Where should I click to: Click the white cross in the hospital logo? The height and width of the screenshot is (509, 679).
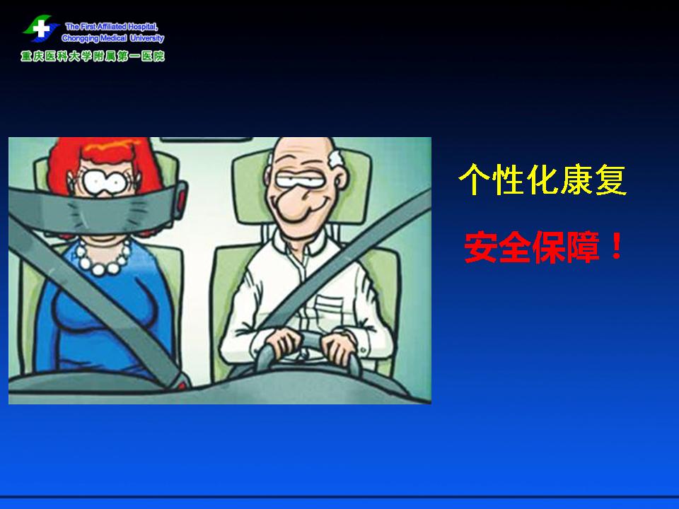[x=41, y=29]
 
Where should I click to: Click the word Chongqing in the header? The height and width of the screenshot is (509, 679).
[x=81, y=38]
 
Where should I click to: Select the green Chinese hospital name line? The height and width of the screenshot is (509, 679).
[x=92, y=57]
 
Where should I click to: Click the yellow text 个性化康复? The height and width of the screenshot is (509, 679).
[x=542, y=179]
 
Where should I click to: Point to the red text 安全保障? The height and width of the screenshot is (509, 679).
[x=532, y=247]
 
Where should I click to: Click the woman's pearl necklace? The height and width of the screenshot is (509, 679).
[x=103, y=258]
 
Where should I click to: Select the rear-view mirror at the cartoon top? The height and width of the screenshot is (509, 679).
[x=205, y=139]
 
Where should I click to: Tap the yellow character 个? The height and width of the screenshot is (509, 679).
[x=474, y=179]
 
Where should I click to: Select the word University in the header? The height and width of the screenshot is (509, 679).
[x=147, y=38]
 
